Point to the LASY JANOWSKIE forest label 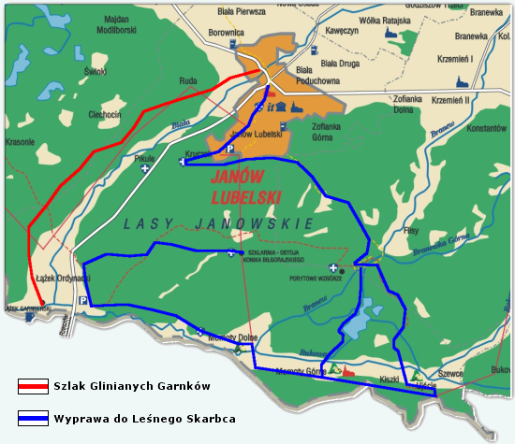pos(217,223)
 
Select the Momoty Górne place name pos(301,371)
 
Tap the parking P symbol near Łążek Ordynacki pos(83,301)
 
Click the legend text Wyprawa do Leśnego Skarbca pos(143,418)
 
